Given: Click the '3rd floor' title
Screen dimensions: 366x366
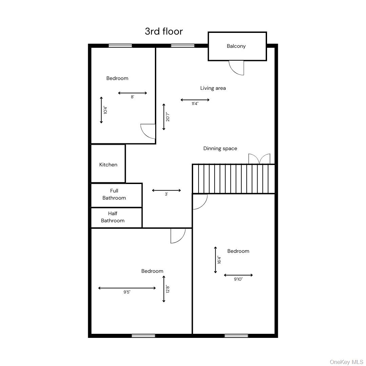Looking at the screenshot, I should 164,31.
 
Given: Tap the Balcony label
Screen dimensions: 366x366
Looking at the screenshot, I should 236,46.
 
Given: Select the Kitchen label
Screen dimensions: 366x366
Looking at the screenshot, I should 108,165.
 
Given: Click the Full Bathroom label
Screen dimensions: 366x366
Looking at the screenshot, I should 114,194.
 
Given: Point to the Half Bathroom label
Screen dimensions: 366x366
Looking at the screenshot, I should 113,217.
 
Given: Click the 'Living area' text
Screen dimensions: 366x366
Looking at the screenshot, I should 213,88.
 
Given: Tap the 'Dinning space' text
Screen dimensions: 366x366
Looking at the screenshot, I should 220,148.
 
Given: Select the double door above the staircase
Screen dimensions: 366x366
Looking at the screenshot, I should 259,159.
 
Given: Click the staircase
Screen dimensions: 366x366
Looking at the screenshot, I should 234,179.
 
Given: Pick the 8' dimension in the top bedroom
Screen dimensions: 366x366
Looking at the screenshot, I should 133,97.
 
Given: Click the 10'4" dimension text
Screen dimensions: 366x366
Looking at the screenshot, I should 105,110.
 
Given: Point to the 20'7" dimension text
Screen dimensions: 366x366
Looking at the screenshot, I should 168,117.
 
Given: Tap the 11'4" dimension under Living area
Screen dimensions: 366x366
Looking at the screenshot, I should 195,104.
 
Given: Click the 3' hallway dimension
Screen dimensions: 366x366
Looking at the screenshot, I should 166,194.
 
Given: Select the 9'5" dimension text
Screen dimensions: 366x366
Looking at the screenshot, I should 127,292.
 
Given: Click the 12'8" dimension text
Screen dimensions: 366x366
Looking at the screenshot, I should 168,289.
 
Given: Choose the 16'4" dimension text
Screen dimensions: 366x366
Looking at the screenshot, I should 220,260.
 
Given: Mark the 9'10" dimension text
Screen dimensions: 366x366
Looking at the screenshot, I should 238,279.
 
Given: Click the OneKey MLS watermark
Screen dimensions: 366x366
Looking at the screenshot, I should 346,362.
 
